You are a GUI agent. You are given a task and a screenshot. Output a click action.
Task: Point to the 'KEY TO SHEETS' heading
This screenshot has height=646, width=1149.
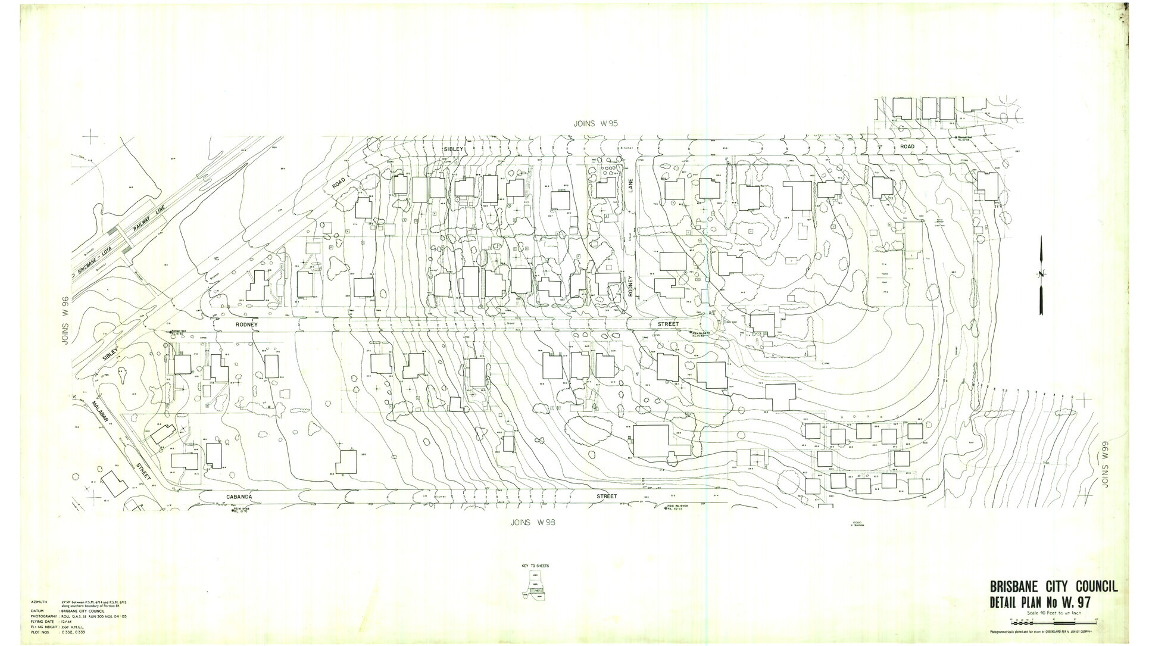(x=536, y=565)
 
